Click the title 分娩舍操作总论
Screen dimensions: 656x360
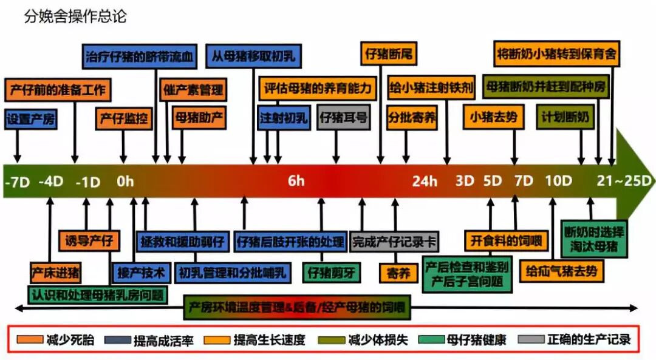coord(75,16)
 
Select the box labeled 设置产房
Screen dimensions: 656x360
coord(30,119)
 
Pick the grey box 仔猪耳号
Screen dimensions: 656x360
coord(344,117)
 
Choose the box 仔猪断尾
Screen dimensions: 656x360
coord(389,54)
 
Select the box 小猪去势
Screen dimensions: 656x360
coord(494,117)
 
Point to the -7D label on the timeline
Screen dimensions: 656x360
coord(17,182)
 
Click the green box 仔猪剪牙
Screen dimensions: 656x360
coord(331,271)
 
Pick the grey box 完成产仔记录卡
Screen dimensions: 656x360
coord(394,240)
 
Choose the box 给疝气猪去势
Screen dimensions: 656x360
coord(562,270)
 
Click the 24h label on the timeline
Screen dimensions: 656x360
coord(425,181)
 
